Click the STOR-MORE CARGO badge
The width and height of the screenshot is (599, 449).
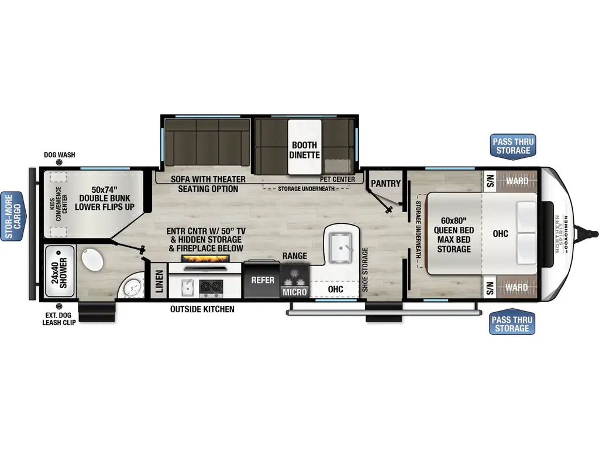point(12,216)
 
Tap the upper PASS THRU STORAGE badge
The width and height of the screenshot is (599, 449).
point(512,146)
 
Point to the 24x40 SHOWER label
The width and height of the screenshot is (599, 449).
point(59,272)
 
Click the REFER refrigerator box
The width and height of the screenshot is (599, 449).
point(263,280)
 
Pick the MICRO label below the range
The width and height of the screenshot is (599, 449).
point(294,291)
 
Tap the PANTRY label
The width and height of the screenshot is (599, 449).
point(386,184)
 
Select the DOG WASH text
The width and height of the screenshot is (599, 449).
point(59,155)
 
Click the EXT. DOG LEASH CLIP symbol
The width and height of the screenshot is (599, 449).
point(58,307)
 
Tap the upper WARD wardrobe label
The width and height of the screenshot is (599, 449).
point(518,181)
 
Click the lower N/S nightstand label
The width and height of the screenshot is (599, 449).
point(490,288)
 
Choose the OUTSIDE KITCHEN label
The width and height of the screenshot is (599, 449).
point(202,309)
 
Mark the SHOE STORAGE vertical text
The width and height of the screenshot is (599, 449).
point(364,270)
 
